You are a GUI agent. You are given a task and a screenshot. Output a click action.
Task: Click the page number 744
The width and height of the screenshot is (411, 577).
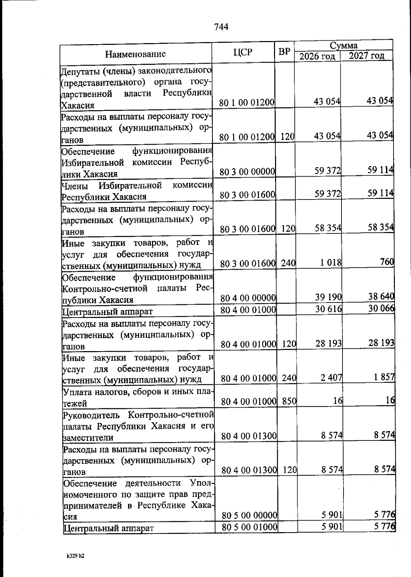click(x=221, y=27)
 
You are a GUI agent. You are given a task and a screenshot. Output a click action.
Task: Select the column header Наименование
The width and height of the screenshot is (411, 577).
click(x=135, y=54)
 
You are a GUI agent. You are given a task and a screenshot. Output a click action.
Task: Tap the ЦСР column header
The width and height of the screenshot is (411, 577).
click(x=243, y=52)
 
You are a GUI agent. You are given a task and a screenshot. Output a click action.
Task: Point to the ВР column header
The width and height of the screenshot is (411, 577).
click(x=284, y=52)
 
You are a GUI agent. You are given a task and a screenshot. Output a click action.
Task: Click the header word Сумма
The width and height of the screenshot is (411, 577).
click(x=344, y=46)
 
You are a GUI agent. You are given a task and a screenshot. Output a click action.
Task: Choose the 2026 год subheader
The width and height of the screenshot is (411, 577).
click(x=317, y=56)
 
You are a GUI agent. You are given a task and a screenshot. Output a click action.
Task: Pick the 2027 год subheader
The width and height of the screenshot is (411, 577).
click(x=366, y=55)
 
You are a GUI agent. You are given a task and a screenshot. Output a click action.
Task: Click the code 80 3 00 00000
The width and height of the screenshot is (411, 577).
click(x=247, y=171)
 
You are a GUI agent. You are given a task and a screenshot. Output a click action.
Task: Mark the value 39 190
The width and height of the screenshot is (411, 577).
click(x=328, y=297)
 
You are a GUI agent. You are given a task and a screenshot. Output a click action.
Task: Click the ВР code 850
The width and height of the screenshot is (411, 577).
click(x=289, y=401)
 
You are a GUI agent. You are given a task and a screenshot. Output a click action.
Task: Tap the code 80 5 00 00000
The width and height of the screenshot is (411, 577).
click(x=249, y=515)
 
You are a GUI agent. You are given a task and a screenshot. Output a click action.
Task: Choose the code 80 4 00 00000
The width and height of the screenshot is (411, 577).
click(x=248, y=298)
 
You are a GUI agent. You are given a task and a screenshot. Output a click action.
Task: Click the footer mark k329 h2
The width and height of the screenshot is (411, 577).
click(x=75, y=556)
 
